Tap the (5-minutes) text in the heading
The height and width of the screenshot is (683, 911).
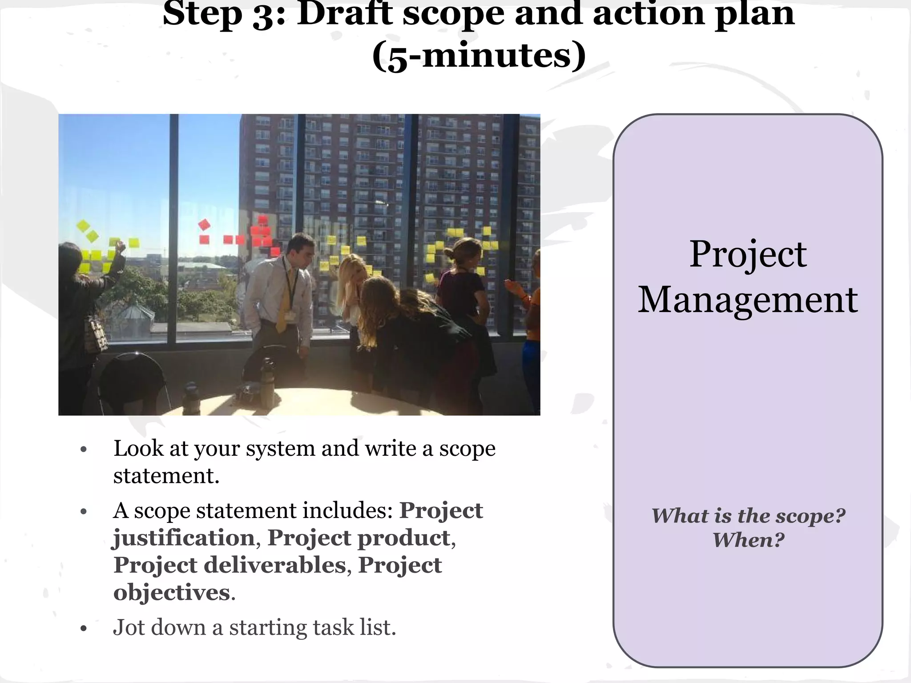[x=479, y=56]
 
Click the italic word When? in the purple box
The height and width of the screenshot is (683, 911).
[x=748, y=540]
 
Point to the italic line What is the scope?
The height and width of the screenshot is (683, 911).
[x=748, y=516]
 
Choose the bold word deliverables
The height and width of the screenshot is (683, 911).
[x=274, y=565]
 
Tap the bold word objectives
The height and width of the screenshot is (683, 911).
[x=172, y=592]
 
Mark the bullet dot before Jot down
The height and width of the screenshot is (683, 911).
[x=83, y=628]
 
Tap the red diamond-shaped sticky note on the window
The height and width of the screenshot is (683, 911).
[x=204, y=225]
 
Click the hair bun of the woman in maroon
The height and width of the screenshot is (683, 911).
[x=448, y=254]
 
